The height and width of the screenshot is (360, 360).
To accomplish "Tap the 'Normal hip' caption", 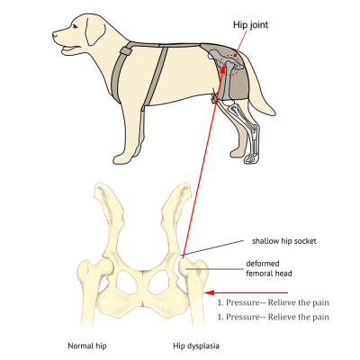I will click(89, 345).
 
